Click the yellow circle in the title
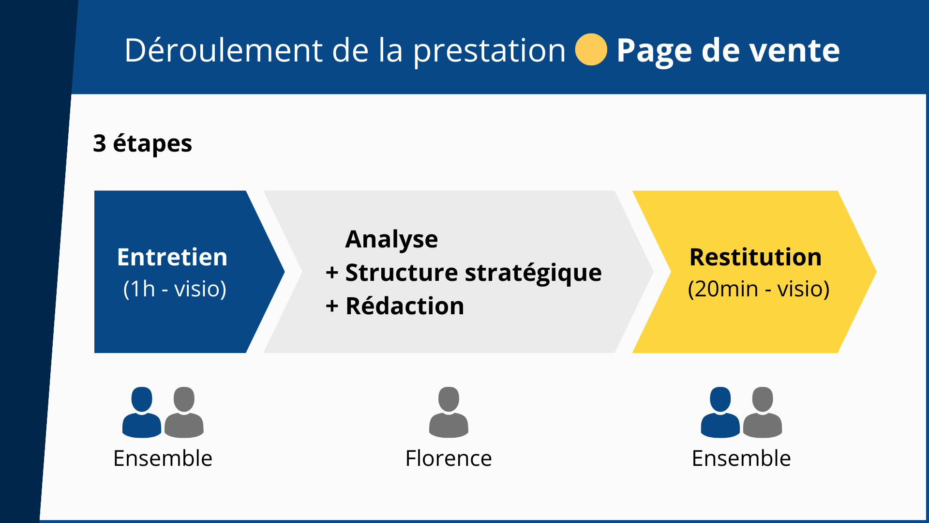coord(591,49)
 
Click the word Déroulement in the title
coord(224,50)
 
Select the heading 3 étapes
coord(143,144)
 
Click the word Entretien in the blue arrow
coord(172,257)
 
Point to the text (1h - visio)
coord(175,289)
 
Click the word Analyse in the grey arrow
coord(391,240)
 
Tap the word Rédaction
coord(405,306)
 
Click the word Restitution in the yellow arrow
coord(755,257)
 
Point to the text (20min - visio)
coord(759,289)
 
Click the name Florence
coord(449,458)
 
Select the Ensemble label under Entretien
coord(163,458)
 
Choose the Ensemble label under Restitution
coord(741,458)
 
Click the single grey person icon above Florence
coord(449,412)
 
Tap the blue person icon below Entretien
coord(142,412)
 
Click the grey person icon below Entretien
coord(184,412)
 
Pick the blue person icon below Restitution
coord(720,412)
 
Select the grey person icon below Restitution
coord(763,412)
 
